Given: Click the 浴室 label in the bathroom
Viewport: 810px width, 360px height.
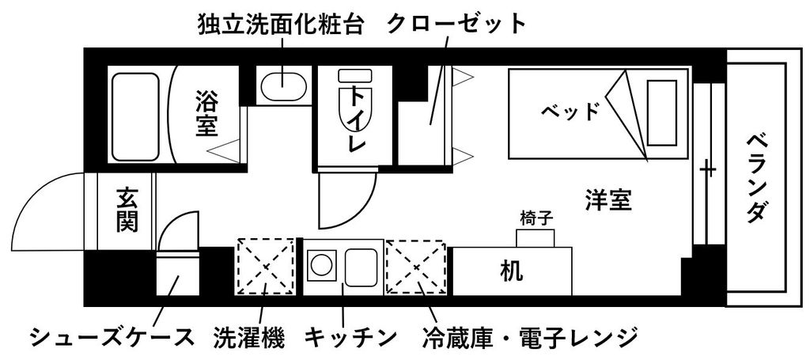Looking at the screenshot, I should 207,113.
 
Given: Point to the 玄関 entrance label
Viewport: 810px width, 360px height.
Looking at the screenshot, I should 127,210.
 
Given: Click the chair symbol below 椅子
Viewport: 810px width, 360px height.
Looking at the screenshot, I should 536,237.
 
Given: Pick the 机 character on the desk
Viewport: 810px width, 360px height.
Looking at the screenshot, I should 512,271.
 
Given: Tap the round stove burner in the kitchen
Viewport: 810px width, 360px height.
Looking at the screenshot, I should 322,264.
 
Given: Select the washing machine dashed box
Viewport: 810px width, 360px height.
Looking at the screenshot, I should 266,267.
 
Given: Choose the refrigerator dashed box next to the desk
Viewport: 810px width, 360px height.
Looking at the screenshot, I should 415,267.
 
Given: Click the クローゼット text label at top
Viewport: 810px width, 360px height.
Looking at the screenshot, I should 456,24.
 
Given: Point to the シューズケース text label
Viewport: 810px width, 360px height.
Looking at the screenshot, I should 112,338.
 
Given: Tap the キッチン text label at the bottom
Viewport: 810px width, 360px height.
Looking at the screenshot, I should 350,338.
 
